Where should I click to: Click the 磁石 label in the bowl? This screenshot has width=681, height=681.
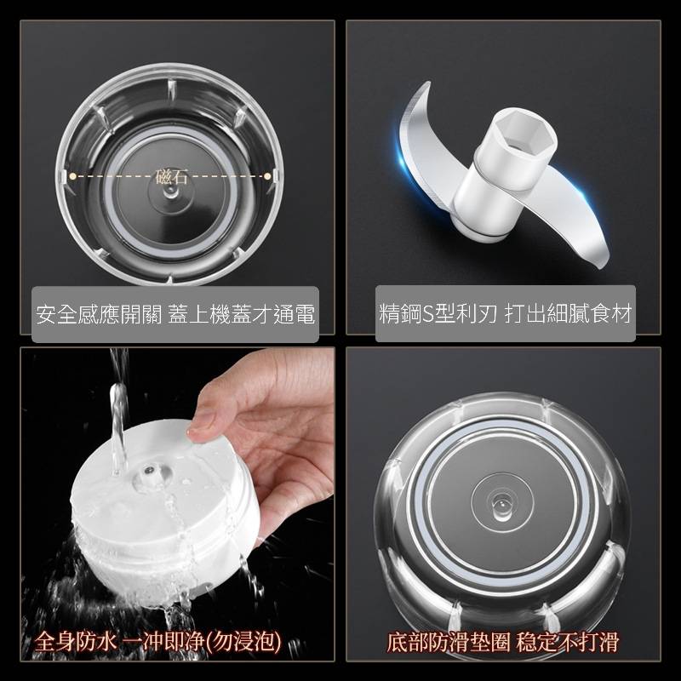pos(171,176)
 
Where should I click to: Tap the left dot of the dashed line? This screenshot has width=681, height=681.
pos(73,176)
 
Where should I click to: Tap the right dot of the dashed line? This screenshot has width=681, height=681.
pos(267,176)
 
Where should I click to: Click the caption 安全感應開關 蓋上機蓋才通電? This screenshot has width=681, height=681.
pos(175,314)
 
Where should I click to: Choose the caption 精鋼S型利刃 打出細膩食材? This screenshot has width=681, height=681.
pos(505,313)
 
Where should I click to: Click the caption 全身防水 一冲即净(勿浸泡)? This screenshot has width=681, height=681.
pos(158,642)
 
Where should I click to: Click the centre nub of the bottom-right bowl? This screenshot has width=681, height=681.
pos(500,505)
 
